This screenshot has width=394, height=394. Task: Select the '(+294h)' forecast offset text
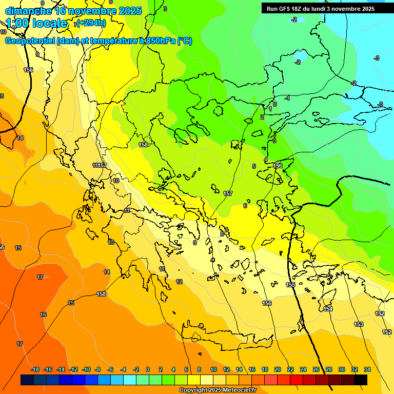91,23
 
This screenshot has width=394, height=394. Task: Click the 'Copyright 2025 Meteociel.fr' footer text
218,390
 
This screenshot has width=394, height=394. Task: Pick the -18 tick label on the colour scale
35,369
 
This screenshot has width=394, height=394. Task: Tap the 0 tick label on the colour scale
148,369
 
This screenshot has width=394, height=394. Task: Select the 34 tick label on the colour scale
367,369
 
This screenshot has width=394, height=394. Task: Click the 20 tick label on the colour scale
278,369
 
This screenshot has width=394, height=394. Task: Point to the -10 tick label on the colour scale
86,369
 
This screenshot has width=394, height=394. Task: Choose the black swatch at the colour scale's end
361,380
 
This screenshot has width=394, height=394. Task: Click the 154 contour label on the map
328,309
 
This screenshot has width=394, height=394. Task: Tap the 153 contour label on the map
359,324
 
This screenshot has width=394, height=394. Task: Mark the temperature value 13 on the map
111,242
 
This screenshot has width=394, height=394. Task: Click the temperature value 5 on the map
253,166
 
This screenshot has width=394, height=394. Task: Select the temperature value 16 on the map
43,314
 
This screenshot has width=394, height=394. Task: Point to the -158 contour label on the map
101,294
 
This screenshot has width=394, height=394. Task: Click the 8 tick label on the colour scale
199,369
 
